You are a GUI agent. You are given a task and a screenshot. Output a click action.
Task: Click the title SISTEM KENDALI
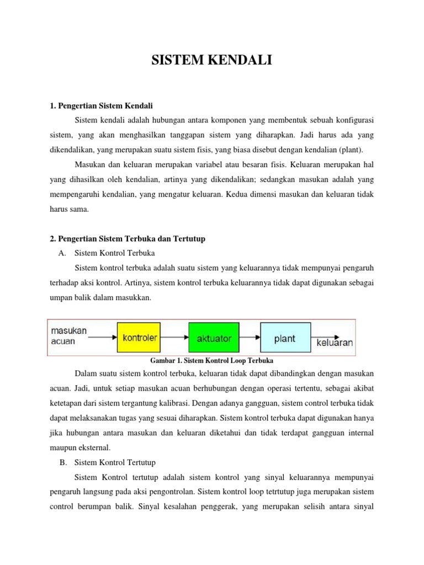[x=212, y=60]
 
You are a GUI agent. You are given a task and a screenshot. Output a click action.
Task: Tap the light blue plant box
[x=284, y=338]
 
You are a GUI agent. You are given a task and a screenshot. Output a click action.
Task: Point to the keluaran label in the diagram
[x=334, y=342]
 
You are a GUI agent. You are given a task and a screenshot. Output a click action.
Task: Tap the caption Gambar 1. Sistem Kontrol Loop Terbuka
[x=212, y=360]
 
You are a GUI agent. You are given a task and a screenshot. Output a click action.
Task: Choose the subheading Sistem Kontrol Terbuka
[x=115, y=253]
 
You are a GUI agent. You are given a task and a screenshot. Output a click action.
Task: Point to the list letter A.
[x=61, y=253]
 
